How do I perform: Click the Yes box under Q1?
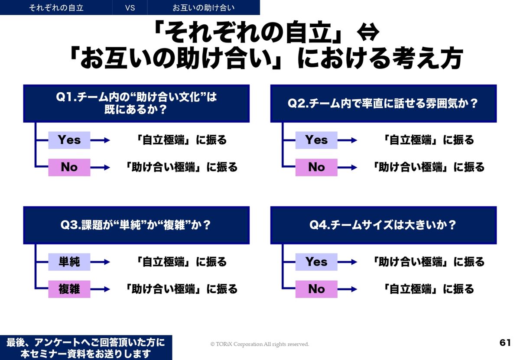click(x=69, y=140)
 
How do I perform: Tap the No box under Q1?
click(x=69, y=167)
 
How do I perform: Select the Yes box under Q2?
click(x=316, y=140)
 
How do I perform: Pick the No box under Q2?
click(x=316, y=167)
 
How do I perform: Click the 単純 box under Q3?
click(x=69, y=262)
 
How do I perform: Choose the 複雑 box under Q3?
click(x=69, y=289)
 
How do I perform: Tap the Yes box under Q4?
click(x=316, y=262)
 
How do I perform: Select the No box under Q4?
click(x=316, y=289)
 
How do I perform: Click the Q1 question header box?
click(x=136, y=104)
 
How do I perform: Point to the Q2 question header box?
click(x=383, y=104)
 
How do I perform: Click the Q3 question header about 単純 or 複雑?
click(x=136, y=225)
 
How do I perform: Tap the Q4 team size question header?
click(x=383, y=225)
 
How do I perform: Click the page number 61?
click(x=505, y=343)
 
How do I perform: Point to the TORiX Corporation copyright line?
click(x=260, y=344)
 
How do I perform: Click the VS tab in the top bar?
click(x=130, y=8)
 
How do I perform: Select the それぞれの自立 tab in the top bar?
click(x=56, y=8)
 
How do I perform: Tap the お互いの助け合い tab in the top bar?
click(x=204, y=8)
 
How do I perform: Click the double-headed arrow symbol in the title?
click(x=368, y=32)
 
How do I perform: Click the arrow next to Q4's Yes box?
click(x=347, y=262)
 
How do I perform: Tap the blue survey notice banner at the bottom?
click(x=86, y=348)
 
